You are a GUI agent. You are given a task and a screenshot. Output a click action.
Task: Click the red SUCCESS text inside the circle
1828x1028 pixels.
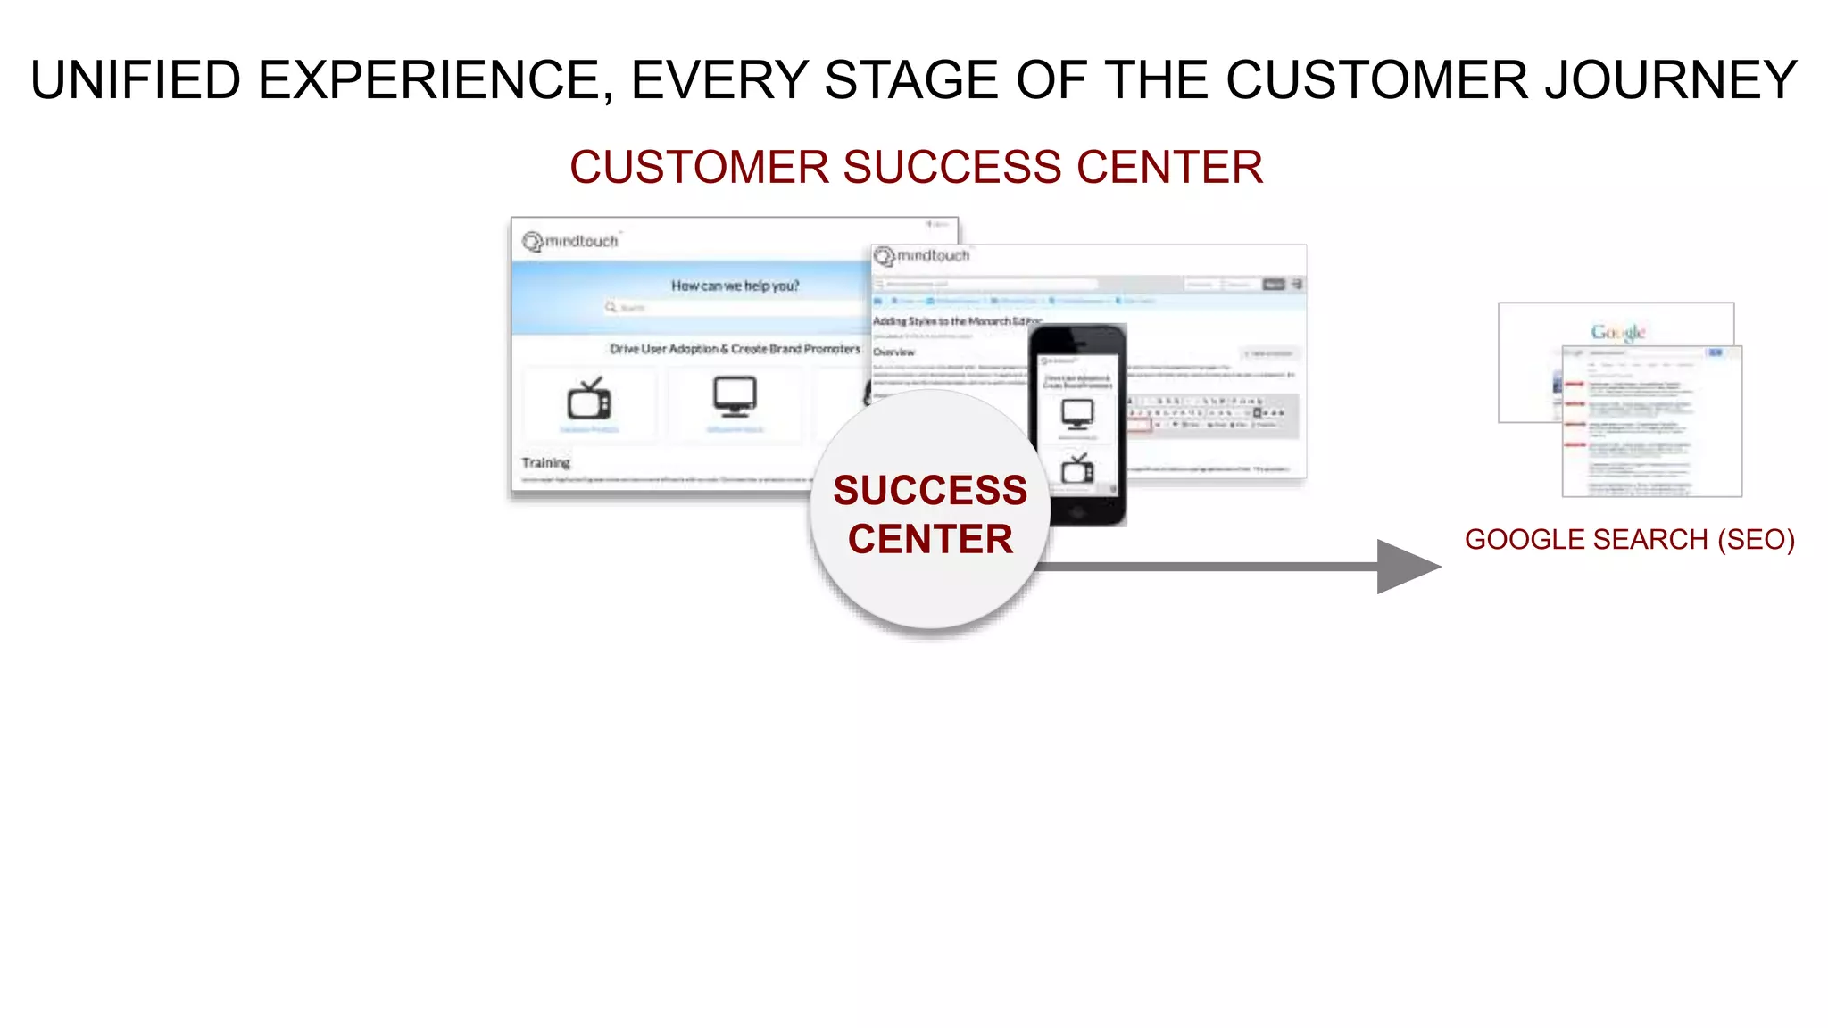click(930, 490)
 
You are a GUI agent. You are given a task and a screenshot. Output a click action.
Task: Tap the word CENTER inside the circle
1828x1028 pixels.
click(930, 539)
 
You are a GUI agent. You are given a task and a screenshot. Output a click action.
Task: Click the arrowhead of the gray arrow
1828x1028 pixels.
click(1406, 566)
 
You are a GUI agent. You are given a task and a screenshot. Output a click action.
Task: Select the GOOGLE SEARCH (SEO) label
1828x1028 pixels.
click(1629, 539)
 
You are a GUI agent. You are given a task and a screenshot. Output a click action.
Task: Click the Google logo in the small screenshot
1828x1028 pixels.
click(1617, 332)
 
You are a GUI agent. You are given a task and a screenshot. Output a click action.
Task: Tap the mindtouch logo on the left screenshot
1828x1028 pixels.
click(571, 241)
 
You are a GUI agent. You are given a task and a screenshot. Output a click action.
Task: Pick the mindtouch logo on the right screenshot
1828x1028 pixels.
click(923, 256)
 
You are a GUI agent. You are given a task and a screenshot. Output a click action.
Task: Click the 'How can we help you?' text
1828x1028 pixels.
click(735, 286)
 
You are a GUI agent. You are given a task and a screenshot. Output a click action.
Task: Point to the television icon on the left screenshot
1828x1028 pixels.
click(589, 399)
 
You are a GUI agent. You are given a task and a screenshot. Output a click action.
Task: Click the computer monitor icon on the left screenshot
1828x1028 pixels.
click(735, 396)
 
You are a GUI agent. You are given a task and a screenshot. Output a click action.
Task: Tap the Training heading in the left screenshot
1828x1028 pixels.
click(545, 462)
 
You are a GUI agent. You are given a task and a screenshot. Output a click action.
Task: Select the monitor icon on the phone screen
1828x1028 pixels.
click(1077, 413)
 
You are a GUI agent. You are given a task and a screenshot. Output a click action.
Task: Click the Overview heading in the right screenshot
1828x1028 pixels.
click(893, 352)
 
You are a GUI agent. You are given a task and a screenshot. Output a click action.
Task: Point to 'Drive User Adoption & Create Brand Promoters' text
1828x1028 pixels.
click(735, 349)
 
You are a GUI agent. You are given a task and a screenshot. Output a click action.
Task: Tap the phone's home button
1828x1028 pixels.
click(1077, 512)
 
